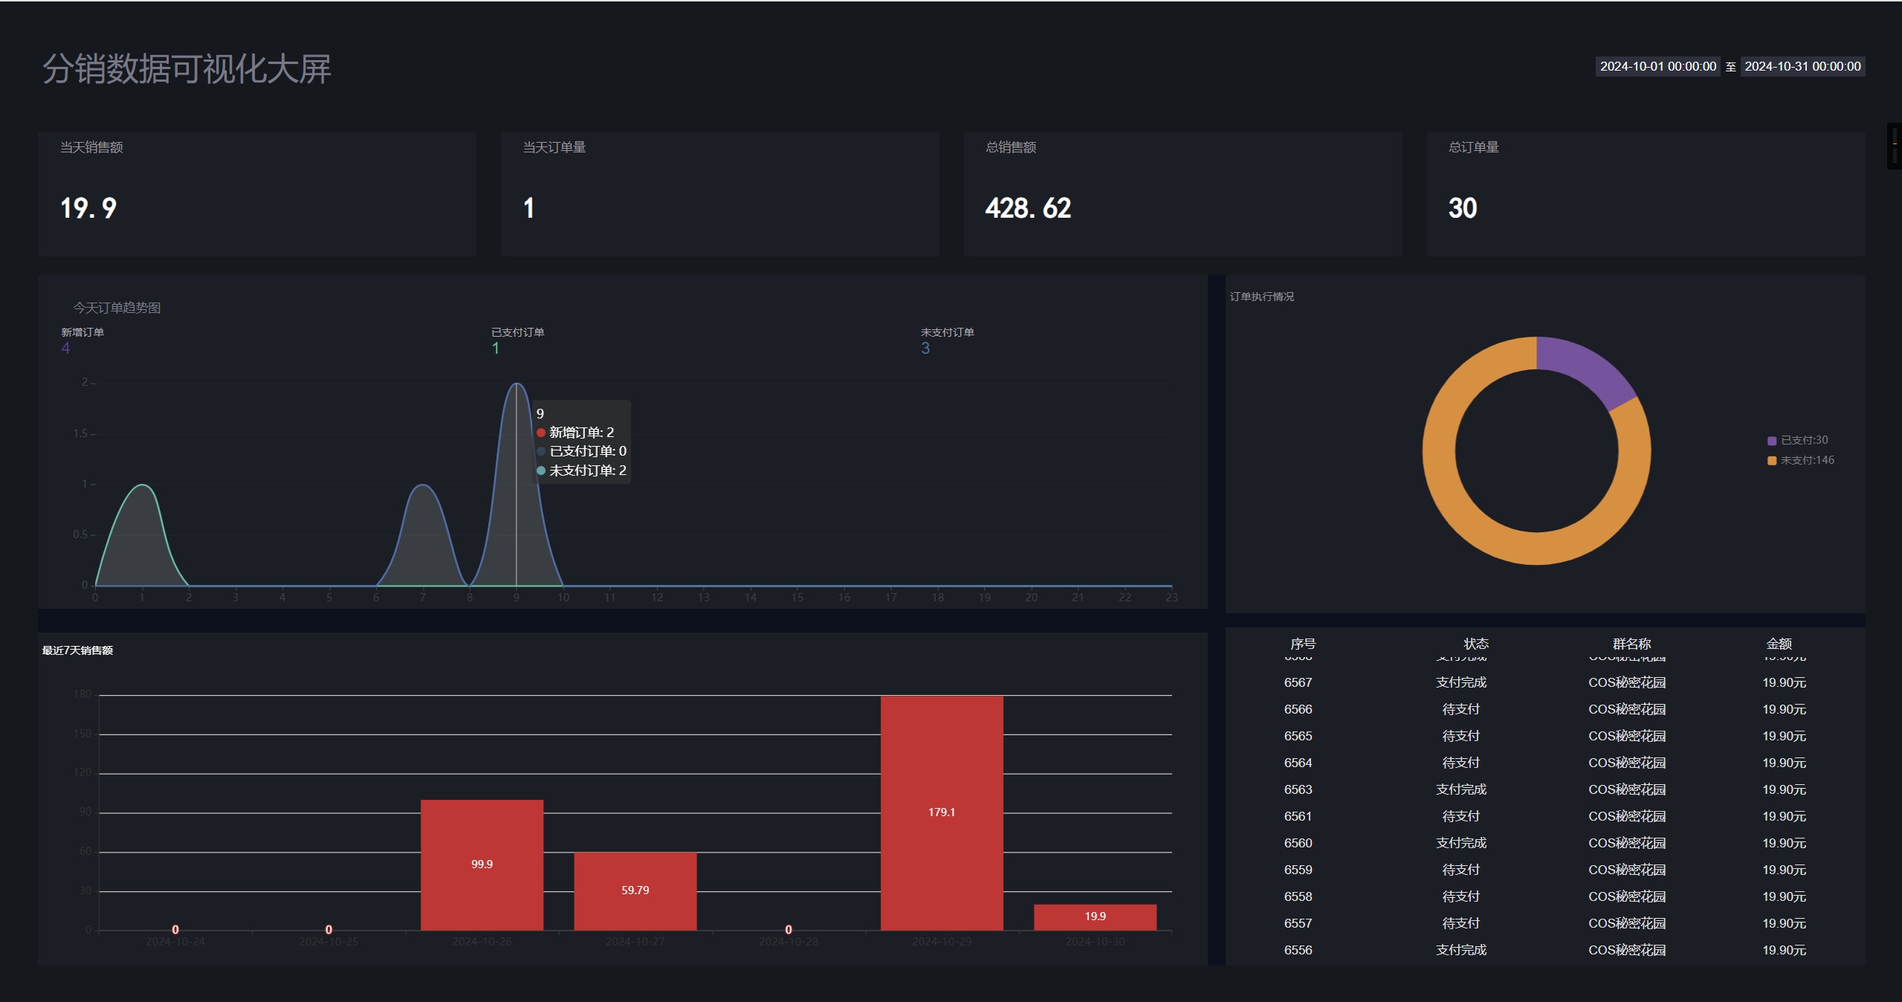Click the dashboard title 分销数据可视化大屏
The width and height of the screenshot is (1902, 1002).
coord(187,69)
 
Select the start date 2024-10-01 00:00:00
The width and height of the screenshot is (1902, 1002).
coord(1657,67)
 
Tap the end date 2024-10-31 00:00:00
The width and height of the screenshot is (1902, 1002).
coord(1802,67)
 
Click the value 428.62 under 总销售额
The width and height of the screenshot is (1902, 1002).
coord(1028,208)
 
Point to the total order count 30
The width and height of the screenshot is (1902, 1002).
coord(1462,208)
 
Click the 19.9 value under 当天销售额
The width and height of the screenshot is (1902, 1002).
coord(88,208)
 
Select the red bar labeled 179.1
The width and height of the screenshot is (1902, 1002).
coord(941,812)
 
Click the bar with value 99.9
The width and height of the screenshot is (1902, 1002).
coord(482,864)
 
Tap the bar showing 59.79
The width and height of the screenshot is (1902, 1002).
coord(635,890)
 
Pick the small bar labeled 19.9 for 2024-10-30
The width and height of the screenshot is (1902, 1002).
coord(1094,917)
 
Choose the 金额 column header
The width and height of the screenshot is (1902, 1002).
coord(1779,644)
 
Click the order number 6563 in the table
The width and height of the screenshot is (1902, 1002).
coord(1298,789)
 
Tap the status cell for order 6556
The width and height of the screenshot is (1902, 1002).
coord(1461,950)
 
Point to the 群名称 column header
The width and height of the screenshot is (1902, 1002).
coord(1631,644)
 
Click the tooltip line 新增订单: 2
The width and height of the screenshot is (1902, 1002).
coord(581,433)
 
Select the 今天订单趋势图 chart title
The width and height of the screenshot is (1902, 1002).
coord(117,308)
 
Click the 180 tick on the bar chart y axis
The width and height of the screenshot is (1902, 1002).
coord(83,694)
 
